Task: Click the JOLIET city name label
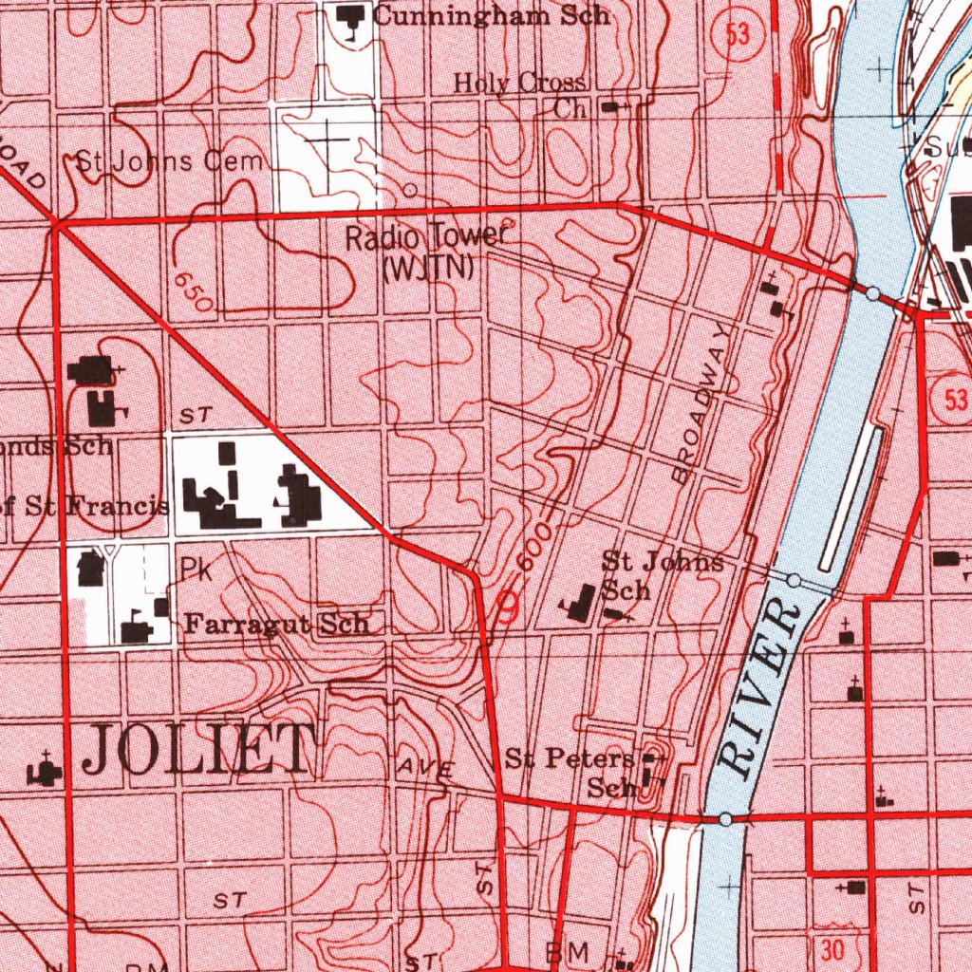tap(199, 749)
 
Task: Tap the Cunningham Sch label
tap(491, 15)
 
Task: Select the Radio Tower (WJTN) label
tap(428, 252)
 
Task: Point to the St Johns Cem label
tap(170, 161)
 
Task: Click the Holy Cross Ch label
tap(520, 95)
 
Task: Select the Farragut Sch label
tap(276, 625)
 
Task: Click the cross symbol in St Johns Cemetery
tap(329, 144)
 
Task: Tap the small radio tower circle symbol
tap(410, 191)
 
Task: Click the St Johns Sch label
tap(662, 575)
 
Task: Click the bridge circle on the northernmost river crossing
tap(872, 294)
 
